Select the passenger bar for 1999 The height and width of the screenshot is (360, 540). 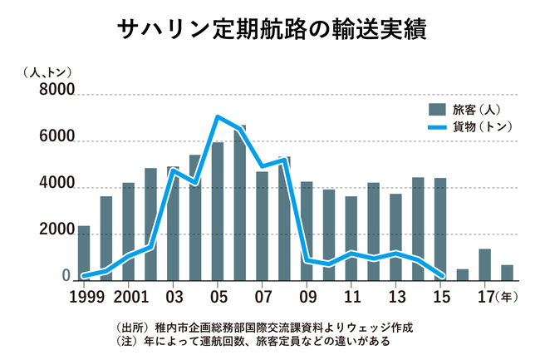tap(84, 254)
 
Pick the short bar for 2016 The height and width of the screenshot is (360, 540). tap(463, 275)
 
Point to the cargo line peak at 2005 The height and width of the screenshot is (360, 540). tap(218, 117)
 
